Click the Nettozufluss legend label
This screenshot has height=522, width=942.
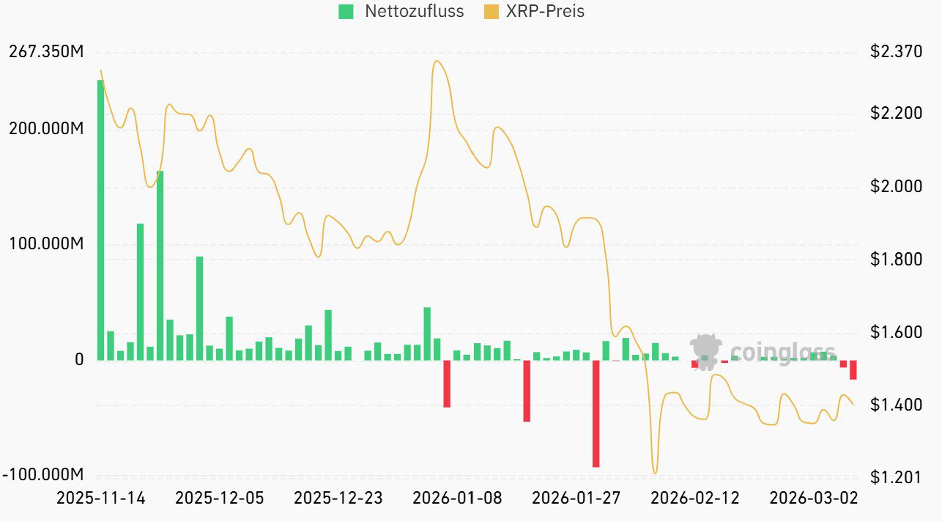point(414,12)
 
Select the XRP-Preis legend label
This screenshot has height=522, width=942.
point(545,12)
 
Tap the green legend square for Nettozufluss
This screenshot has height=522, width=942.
point(346,12)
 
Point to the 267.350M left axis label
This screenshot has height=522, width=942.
point(45,52)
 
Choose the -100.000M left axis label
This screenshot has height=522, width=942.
point(43,474)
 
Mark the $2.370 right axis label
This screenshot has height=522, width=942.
point(896,52)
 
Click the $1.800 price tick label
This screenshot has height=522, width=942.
point(896,260)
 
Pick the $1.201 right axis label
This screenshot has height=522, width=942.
point(896,477)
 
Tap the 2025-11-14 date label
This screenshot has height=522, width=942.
point(101,499)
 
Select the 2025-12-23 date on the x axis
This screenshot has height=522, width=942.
point(338,499)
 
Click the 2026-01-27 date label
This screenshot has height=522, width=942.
point(576,499)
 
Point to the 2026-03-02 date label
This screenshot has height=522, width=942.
point(813,499)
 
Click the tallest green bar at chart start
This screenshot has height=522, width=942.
point(100,220)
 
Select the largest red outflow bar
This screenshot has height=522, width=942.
point(596,413)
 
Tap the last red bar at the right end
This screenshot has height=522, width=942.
point(853,370)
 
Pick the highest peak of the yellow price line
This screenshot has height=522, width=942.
point(437,61)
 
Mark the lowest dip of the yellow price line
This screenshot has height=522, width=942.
point(655,473)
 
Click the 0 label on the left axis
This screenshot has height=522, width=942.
point(79,360)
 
